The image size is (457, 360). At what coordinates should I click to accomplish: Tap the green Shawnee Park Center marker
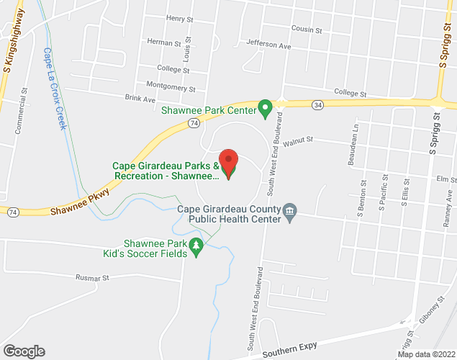point(264,109)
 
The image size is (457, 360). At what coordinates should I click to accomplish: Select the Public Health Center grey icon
point(290,210)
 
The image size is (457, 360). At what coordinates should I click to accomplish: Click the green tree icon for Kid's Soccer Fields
point(196,248)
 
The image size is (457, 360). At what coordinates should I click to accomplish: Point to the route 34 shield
point(317,105)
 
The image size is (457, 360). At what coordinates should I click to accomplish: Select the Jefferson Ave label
point(268,45)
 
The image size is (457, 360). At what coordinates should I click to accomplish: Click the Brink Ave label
point(140,98)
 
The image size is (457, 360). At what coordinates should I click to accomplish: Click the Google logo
point(23,351)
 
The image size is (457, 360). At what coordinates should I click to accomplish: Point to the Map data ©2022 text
point(426,354)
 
